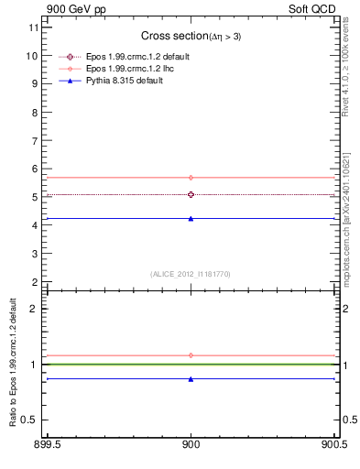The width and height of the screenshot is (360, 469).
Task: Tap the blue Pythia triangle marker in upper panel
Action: point(191,219)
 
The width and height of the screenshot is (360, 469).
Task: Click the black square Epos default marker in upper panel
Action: point(191,194)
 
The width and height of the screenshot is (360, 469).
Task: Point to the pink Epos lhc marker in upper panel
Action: point(191,178)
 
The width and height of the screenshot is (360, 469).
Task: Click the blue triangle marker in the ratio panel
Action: point(191,378)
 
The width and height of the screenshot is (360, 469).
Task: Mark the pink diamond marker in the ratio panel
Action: point(191,354)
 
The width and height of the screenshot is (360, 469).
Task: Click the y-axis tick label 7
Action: point(35,141)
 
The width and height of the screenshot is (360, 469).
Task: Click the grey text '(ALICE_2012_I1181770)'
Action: point(191,273)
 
